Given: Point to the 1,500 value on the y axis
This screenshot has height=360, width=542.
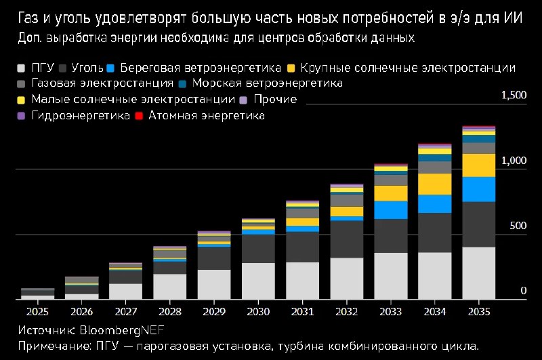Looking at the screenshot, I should coord(514,96).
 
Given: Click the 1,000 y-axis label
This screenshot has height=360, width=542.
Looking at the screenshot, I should coord(514,161).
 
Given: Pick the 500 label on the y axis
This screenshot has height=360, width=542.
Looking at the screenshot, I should coord(517,226).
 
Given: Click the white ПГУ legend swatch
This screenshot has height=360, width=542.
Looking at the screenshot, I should coord(22,68).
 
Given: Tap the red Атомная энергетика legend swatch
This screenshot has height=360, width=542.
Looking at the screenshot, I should coord(139,117).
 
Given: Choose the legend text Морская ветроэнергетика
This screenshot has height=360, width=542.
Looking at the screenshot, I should coord(268,83).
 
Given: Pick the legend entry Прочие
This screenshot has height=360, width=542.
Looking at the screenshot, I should coord(274,100).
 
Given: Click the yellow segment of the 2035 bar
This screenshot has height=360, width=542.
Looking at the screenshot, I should coord(479,165).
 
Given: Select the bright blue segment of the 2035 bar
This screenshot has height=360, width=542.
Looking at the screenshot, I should coord(479,189).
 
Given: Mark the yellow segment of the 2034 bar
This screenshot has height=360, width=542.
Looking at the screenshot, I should coord(435,184).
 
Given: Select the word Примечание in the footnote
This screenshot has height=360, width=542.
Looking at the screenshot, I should coord(49,346).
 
